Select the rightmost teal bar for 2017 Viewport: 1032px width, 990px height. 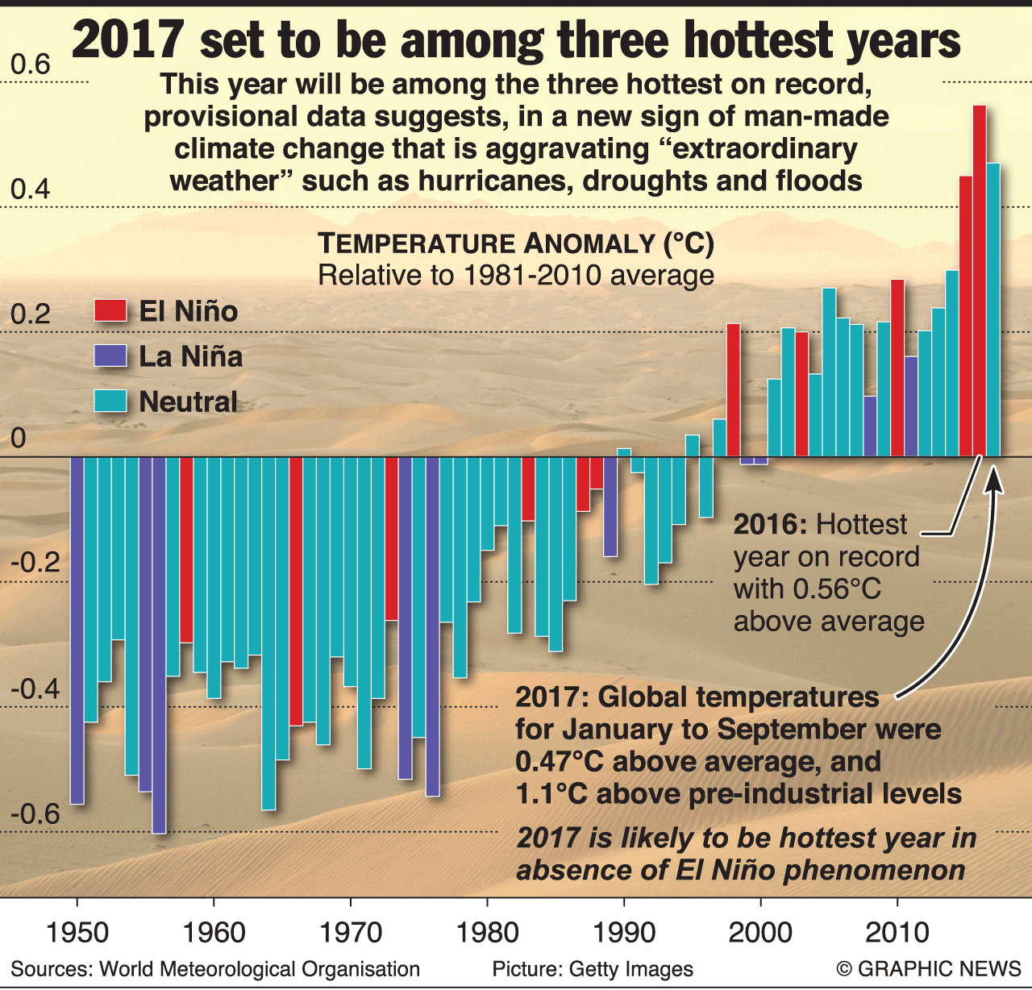(x=993, y=310)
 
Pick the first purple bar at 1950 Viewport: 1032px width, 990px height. (x=77, y=630)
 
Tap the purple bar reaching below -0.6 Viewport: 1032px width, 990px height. (x=159, y=644)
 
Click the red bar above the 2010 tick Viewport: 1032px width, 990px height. (x=897, y=368)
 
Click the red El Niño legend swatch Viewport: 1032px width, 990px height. (x=110, y=311)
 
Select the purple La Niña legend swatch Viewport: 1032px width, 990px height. (x=110, y=356)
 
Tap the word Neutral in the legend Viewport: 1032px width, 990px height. (x=188, y=401)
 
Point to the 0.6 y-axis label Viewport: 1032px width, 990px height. (x=30, y=64)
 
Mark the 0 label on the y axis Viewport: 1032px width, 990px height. (x=18, y=439)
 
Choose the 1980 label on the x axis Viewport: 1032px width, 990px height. (x=487, y=933)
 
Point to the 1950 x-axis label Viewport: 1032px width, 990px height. (x=77, y=933)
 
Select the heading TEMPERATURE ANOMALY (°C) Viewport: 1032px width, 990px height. (x=516, y=243)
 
